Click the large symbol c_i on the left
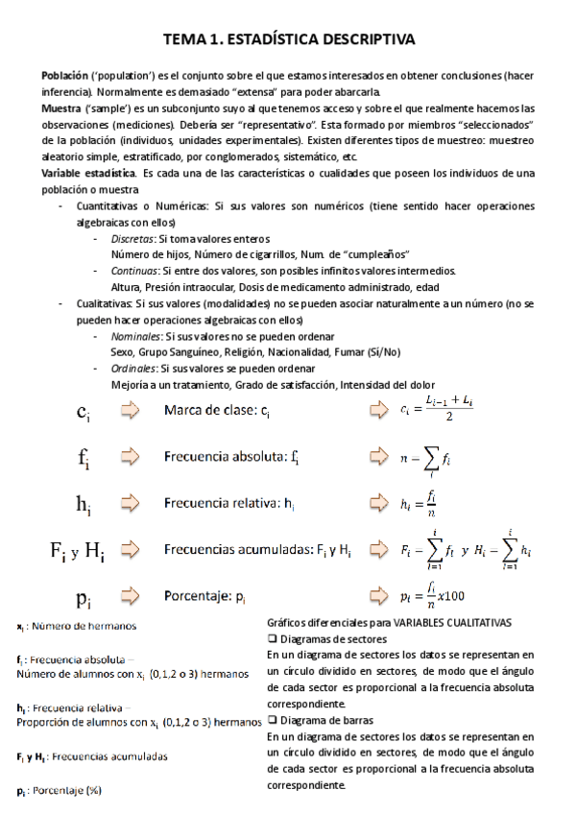pos(84,413)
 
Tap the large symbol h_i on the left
pos(84,503)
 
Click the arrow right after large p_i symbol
pos(130,597)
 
